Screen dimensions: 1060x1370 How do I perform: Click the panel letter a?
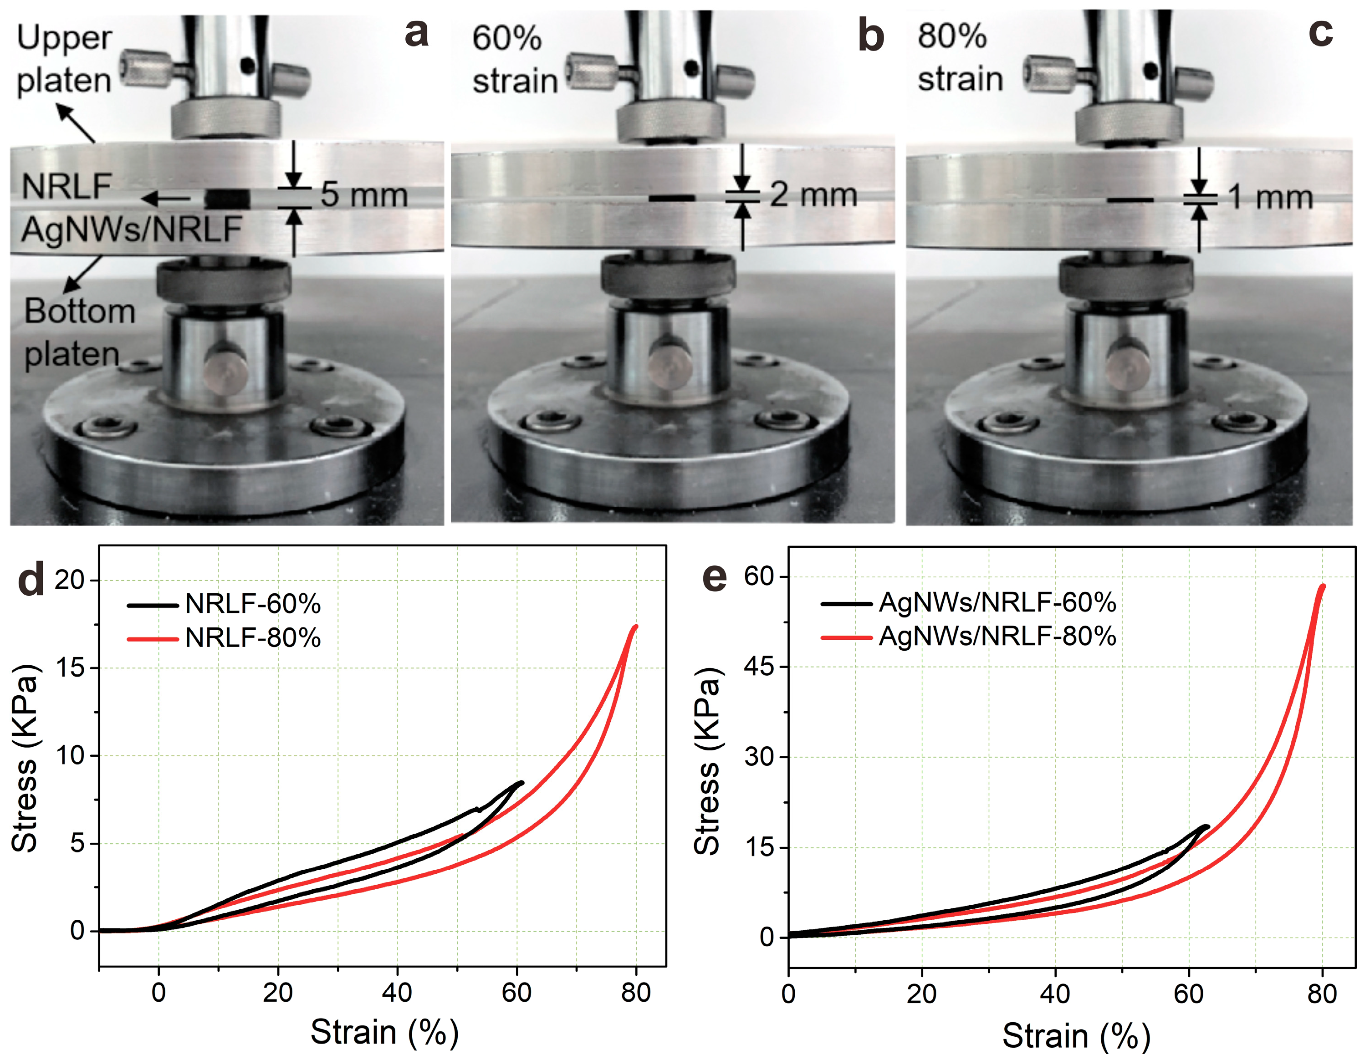pyautogui.click(x=417, y=33)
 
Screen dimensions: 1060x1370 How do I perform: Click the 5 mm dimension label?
pyautogui.click(x=364, y=194)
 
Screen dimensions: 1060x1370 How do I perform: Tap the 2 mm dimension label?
pyautogui.click(x=813, y=194)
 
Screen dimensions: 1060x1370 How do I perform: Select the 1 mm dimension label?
pyautogui.click(x=1270, y=197)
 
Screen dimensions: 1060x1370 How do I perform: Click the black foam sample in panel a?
pyautogui.click(x=227, y=199)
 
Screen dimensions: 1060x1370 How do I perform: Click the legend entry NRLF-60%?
pyautogui.click(x=252, y=605)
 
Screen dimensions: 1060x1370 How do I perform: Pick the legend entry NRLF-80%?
pyautogui.click(x=252, y=638)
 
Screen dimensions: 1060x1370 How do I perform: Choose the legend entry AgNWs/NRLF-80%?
pyautogui.click(x=997, y=637)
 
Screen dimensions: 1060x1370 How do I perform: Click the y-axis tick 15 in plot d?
pyautogui.click(x=69, y=668)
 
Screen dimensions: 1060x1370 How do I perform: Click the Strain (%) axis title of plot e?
pyautogui.click(x=1076, y=1035)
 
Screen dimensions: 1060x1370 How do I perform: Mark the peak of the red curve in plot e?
pyautogui.click(x=1323, y=586)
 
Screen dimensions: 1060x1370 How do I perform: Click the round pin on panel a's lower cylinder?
pyautogui.click(x=226, y=368)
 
